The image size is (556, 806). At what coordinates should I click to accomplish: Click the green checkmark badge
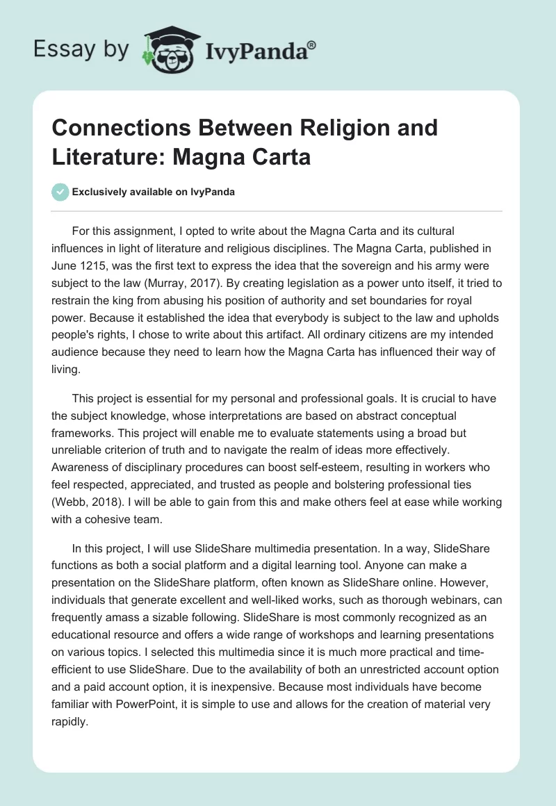point(60,192)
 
